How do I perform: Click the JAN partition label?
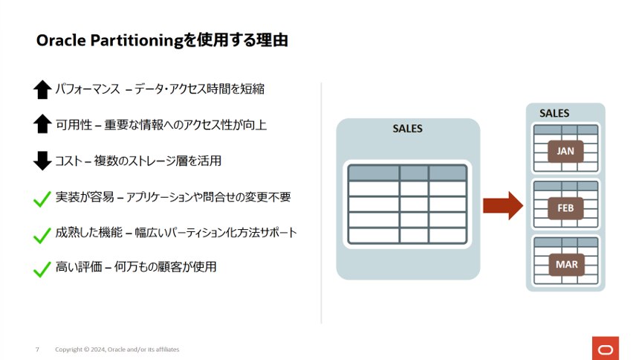pyautogui.click(x=565, y=151)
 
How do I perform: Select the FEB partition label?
pyautogui.click(x=565, y=208)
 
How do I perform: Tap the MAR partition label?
pyautogui.click(x=565, y=264)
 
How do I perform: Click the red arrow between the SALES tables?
pyautogui.click(x=503, y=205)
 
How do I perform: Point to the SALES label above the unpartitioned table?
pyautogui.click(x=407, y=129)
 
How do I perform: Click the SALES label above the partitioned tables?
pyautogui.click(x=554, y=113)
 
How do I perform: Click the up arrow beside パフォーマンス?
pyautogui.click(x=42, y=89)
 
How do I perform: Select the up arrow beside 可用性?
pyautogui.click(x=42, y=124)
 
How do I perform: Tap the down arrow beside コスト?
pyautogui.click(x=42, y=160)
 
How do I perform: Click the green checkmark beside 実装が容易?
pyautogui.click(x=42, y=198)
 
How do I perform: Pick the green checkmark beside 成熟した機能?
pyautogui.click(x=42, y=234)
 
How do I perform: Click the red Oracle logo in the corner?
pyautogui.click(x=606, y=348)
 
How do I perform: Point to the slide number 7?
pyautogui.click(x=37, y=350)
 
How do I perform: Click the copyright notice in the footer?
pyautogui.click(x=117, y=350)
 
